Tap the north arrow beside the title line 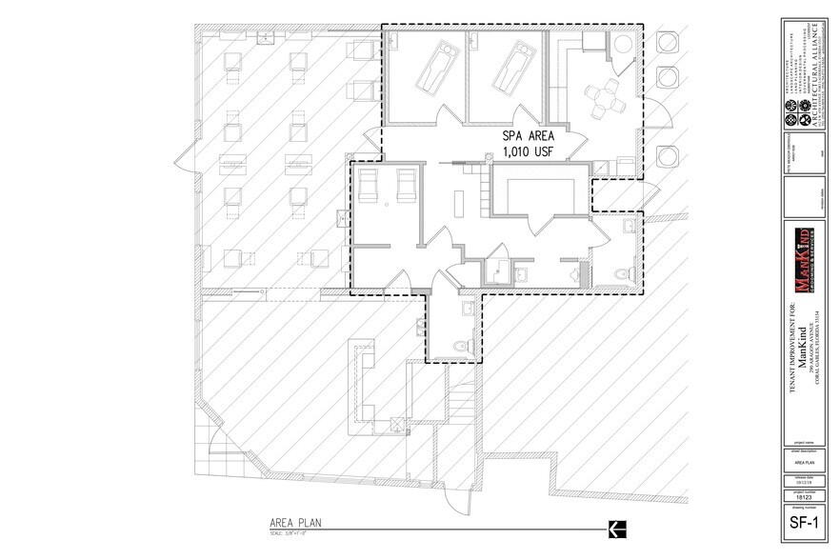point(616,527)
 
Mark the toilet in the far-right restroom point(622,272)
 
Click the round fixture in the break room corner point(620,43)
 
